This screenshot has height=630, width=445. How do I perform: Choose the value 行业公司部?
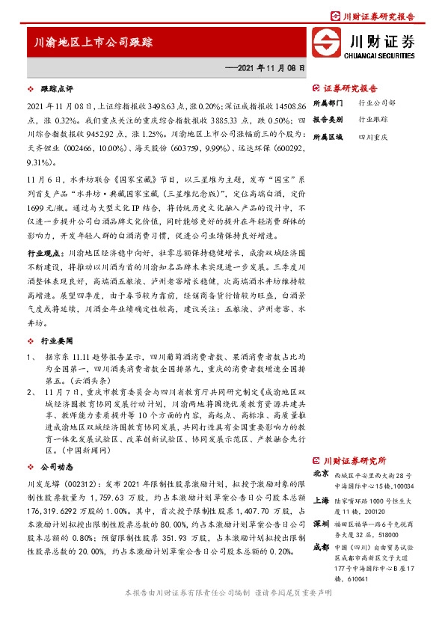(377, 103)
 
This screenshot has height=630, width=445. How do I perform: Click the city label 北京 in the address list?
(321, 474)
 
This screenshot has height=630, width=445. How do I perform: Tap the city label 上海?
(321, 498)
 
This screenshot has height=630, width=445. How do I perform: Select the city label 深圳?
(321, 523)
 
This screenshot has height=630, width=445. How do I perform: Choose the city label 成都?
(321, 548)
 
